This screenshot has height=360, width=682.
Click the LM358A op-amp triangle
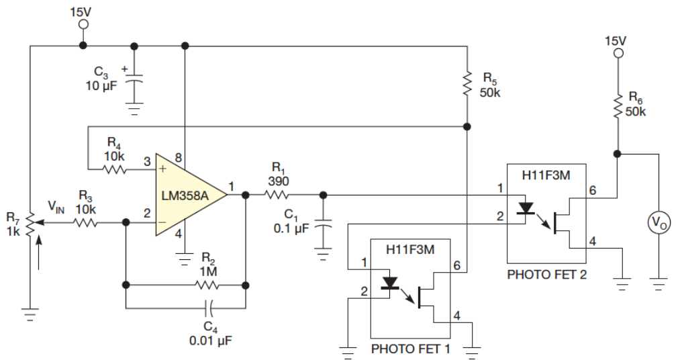click(x=191, y=195)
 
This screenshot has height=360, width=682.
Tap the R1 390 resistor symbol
click(x=276, y=195)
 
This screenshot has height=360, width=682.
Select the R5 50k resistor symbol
click(x=467, y=84)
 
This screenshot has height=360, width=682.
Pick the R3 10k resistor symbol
click(x=85, y=223)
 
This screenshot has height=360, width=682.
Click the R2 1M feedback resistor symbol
click(x=207, y=285)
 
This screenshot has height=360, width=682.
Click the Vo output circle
click(x=659, y=223)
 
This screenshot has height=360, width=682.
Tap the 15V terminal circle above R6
click(x=617, y=54)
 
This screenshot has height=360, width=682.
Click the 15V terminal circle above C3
click(x=83, y=24)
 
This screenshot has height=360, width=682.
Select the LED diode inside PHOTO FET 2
click(x=526, y=208)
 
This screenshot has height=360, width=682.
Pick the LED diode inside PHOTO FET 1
click(x=390, y=283)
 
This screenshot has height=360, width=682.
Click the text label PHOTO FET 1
click(x=410, y=349)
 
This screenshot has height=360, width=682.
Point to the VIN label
click(x=56, y=206)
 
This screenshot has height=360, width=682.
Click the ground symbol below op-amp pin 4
click(x=185, y=260)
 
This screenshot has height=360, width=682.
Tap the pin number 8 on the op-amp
click(x=177, y=157)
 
